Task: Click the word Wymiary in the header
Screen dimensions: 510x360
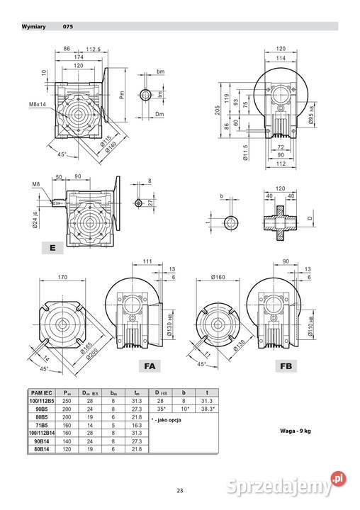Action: click(33, 27)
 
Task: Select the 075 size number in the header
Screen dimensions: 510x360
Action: click(67, 27)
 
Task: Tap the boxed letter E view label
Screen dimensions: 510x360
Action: click(53, 248)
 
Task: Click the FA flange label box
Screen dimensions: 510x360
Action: click(150, 366)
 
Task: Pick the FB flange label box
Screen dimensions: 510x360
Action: click(286, 366)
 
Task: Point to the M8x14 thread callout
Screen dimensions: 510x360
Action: click(39, 104)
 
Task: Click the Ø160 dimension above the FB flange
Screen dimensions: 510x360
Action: click(219, 277)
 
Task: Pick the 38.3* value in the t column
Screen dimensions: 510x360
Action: click(203, 408)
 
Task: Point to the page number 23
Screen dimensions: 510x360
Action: click(180, 491)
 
